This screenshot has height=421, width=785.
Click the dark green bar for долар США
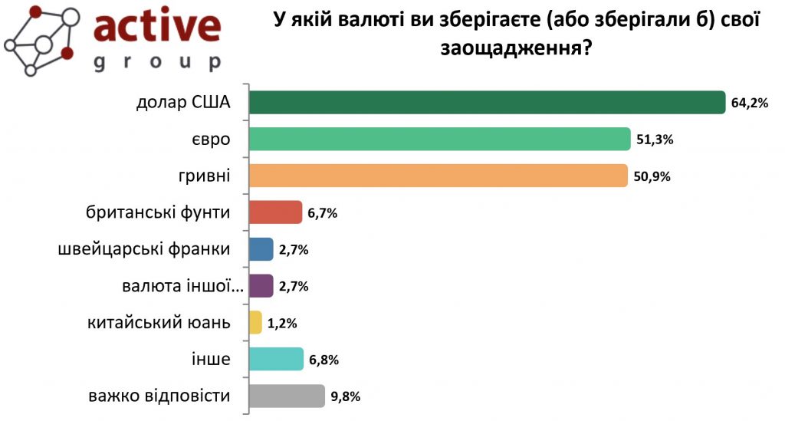488,103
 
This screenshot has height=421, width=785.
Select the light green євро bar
440,139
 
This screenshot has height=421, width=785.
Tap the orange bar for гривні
438,176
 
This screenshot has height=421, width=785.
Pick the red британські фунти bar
276,212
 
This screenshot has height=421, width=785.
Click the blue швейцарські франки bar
261,248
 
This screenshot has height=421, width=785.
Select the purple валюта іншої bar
261,285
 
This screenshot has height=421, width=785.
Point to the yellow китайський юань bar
256,323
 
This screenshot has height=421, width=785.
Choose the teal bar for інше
276,359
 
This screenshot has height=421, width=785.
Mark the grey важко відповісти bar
287,396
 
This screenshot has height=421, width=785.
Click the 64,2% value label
749,104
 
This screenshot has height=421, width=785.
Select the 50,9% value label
652,176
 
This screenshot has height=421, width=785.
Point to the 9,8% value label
346,396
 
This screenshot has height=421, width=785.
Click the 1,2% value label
282,323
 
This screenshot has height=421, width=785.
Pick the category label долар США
183,103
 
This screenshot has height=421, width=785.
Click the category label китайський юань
159,322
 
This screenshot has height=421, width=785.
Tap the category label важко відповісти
159,396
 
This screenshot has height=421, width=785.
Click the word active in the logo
156,27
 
